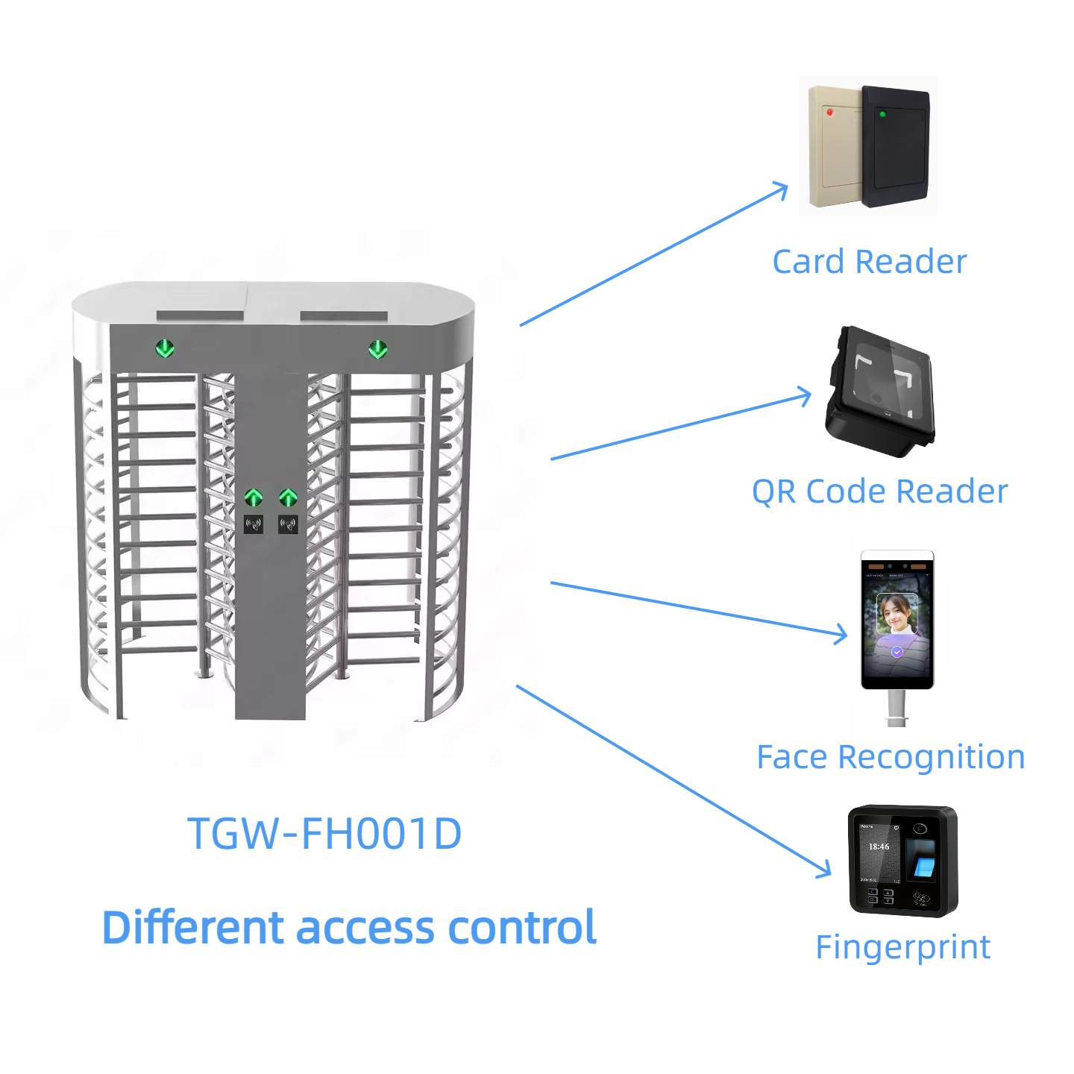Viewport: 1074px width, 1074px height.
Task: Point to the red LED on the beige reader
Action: tap(829, 112)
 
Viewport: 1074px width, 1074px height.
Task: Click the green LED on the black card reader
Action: tap(882, 114)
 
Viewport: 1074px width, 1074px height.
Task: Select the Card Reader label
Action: tap(869, 262)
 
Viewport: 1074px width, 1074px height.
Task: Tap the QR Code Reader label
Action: tap(879, 492)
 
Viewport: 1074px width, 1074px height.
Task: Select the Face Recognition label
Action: tap(891, 757)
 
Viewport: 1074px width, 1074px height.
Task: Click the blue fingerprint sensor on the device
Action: tap(925, 867)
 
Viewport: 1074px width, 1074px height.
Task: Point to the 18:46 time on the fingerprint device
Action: tap(879, 847)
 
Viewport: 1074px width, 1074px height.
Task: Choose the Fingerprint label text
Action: tap(902, 947)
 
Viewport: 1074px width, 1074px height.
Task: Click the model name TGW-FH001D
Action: tap(324, 833)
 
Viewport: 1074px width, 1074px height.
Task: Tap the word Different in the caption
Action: tap(193, 928)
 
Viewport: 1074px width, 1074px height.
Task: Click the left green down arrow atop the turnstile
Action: tap(165, 348)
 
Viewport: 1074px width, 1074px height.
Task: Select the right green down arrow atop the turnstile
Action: tap(378, 348)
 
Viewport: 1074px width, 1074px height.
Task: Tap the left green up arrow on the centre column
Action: tap(254, 497)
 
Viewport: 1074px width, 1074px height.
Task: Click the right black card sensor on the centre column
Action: tap(288, 524)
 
